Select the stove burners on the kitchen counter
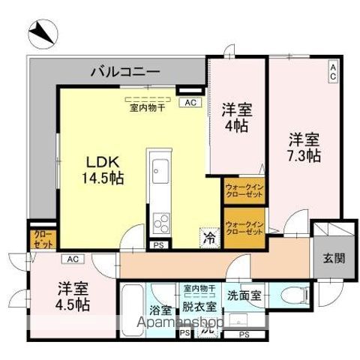160,222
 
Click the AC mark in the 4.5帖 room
72,259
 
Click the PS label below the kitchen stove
157,244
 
